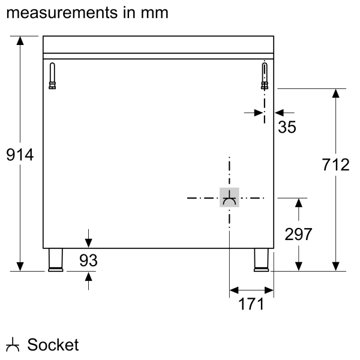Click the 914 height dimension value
[20, 155]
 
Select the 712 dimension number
[335, 164]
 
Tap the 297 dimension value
[298, 235]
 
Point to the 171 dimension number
[251, 304]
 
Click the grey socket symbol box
[229, 197]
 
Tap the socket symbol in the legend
[13, 346]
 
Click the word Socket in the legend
[53, 345]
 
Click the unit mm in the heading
[154, 12]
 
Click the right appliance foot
[262, 259]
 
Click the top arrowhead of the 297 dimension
[298, 203]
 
